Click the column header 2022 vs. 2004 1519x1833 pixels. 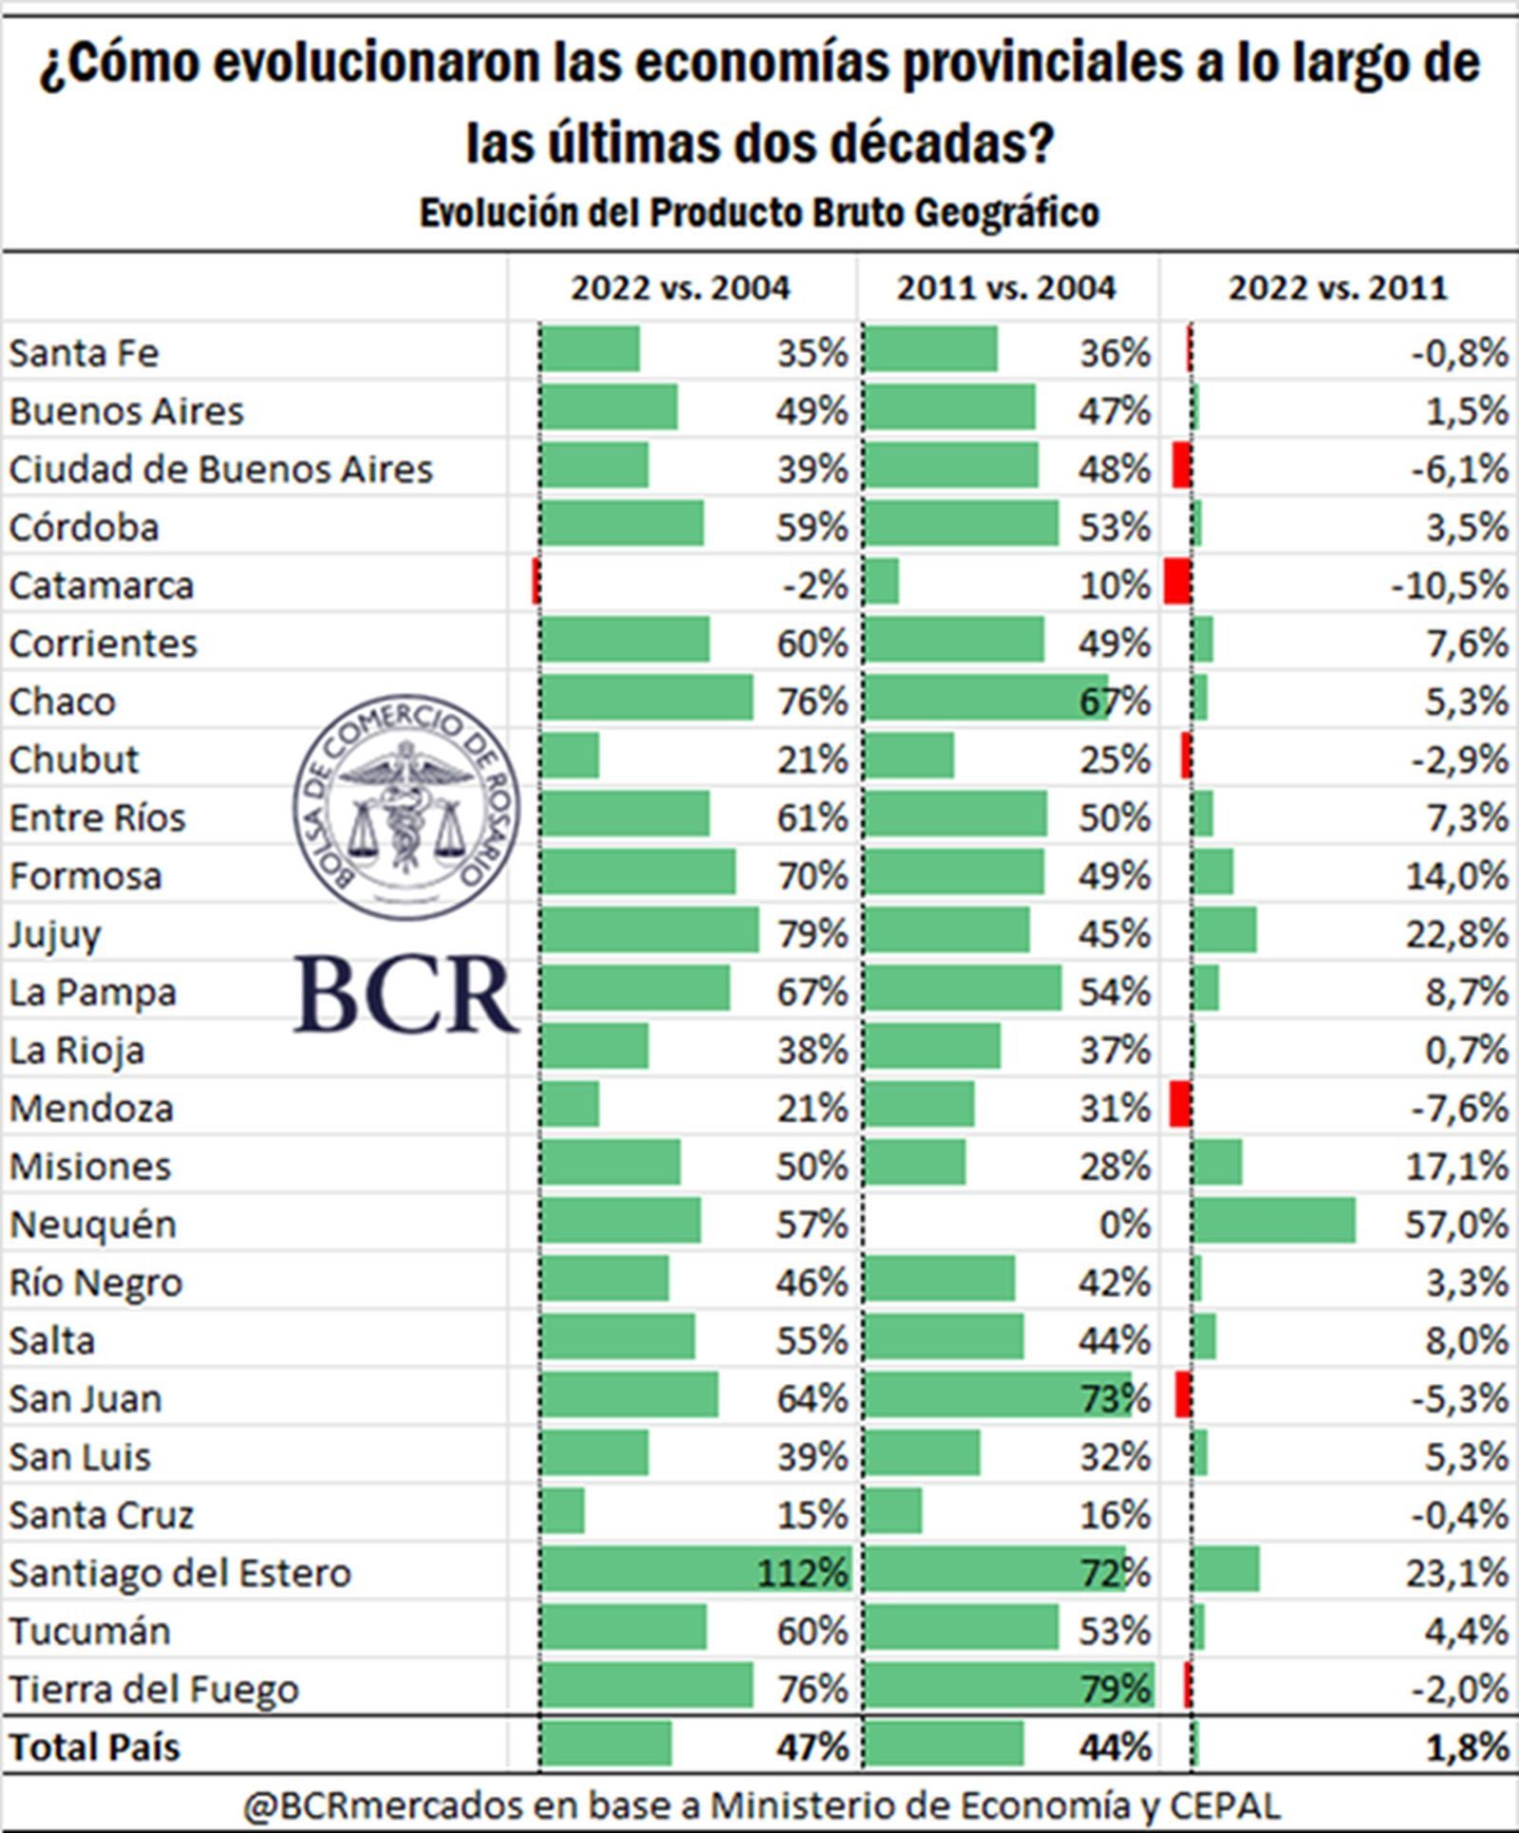point(680,288)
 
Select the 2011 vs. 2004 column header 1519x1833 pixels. point(1006,288)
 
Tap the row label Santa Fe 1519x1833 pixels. point(84,353)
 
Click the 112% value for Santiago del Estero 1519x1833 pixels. point(802,1573)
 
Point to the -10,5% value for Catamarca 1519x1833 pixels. point(1450,586)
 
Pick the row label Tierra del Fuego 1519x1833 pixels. point(154,1689)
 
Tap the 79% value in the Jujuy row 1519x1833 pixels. point(813,934)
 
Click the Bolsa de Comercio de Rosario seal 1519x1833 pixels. point(406,807)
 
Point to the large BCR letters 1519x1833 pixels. point(406,995)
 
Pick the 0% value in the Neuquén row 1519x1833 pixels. point(1125,1225)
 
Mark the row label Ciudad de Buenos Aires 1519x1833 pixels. point(220,470)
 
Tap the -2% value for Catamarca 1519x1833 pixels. point(815,586)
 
